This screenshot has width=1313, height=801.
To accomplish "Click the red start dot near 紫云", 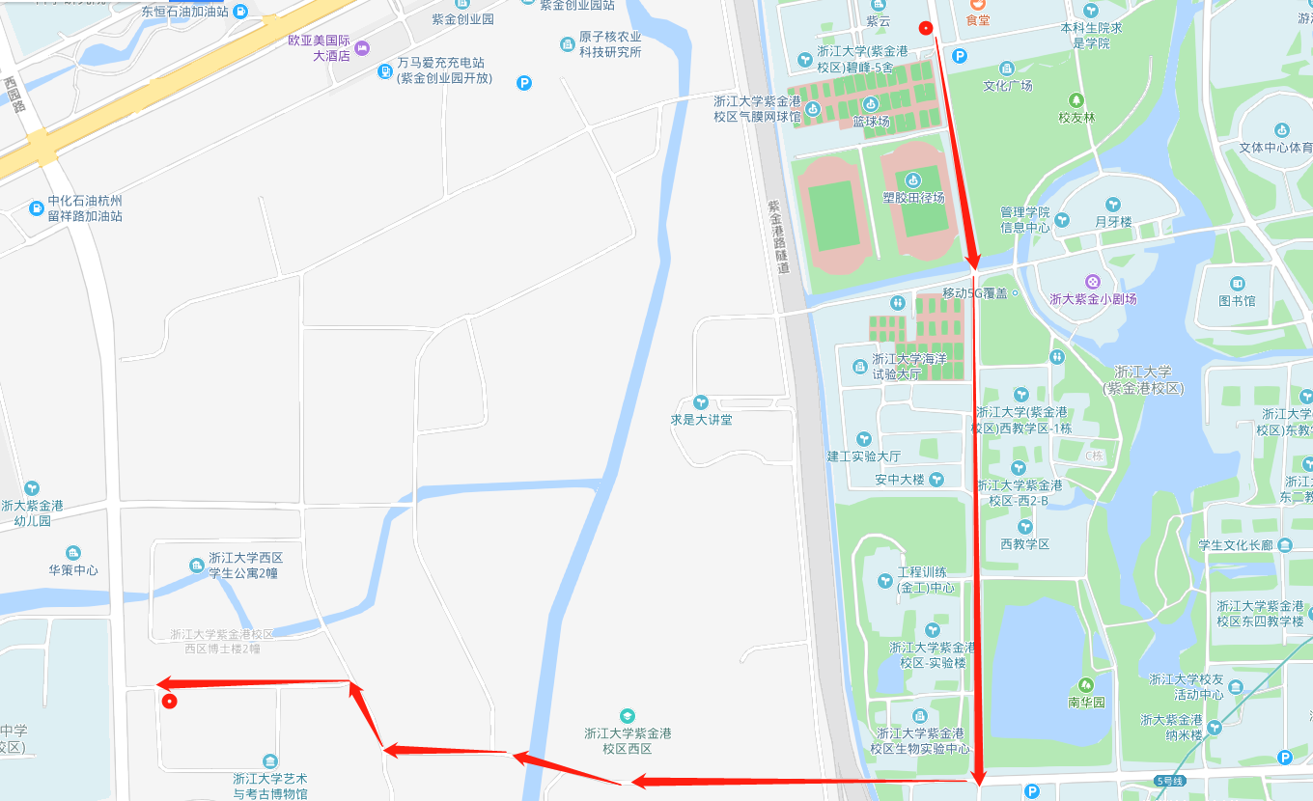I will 926,28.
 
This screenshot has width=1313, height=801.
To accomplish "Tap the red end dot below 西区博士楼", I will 169,702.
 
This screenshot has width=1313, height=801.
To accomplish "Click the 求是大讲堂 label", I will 701,420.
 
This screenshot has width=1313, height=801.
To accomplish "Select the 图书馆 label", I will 1237,300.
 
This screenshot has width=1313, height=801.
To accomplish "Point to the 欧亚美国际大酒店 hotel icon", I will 362,47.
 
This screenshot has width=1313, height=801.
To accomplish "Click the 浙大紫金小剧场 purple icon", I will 1092,282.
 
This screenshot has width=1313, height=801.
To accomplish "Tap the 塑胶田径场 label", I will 912,197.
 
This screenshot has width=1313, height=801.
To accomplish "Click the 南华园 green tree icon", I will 1086,684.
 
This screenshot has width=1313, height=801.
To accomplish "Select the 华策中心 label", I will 73,569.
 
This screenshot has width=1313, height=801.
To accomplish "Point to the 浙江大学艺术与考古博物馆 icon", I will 269,761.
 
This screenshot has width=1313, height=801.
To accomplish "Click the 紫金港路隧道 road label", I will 777,236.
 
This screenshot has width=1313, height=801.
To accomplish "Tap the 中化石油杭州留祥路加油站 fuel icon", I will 37,207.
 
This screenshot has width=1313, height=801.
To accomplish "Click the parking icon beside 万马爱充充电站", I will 524,83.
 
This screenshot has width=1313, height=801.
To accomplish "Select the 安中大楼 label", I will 899,480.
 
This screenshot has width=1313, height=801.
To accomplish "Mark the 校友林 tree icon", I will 1076,100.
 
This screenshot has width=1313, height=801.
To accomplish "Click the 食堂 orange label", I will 978,19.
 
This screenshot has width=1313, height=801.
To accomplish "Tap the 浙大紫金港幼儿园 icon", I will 32,488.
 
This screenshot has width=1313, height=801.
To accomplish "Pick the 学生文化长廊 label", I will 1237,545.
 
